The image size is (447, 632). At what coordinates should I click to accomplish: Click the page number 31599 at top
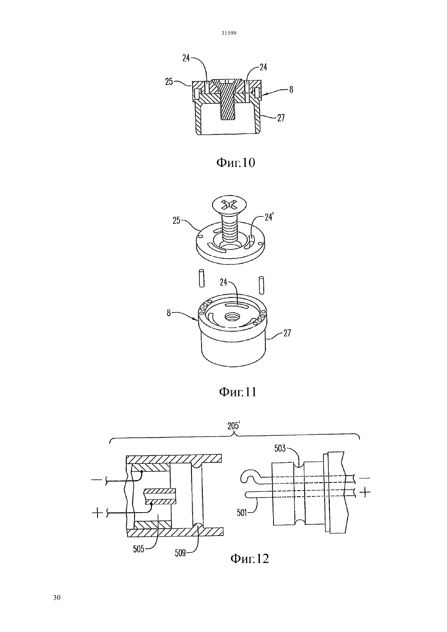click(228, 33)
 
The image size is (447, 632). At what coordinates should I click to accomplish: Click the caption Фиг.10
click(235, 163)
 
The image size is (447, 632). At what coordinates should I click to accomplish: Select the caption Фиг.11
click(238, 392)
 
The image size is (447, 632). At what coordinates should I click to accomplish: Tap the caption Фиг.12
click(250, 558)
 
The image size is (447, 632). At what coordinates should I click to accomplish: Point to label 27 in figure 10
click(281, 118)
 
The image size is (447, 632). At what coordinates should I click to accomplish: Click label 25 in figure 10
click(169, 82)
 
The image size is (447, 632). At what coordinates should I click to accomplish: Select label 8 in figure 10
click(291, 89)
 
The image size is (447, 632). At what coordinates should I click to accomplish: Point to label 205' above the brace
click(234, 426)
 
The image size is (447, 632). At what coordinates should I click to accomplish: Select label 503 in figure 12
click(280, 448)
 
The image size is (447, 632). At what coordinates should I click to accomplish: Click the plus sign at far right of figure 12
click(365, 492)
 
